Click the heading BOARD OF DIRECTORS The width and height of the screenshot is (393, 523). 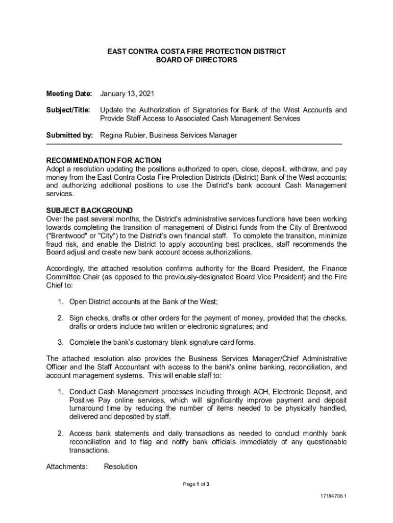click(196, 60)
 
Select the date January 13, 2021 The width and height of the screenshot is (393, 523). click(127, 94)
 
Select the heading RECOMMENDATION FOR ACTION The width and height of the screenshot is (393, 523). click(104, 160)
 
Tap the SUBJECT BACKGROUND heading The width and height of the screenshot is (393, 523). click(89, 210)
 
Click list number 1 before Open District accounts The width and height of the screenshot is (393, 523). click(60, 302)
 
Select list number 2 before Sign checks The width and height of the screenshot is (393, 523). click(60, 318)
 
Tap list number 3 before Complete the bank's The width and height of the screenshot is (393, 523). click(60, 342)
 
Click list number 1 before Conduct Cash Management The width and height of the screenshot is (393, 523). click(60, 392)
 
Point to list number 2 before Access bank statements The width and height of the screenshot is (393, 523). click(60, 434)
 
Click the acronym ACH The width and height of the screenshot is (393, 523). click(260, 392)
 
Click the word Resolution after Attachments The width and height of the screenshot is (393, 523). click(120, 466)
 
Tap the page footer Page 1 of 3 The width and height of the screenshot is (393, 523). click(196, 484)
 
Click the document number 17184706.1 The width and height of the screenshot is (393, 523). click(332, 496)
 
